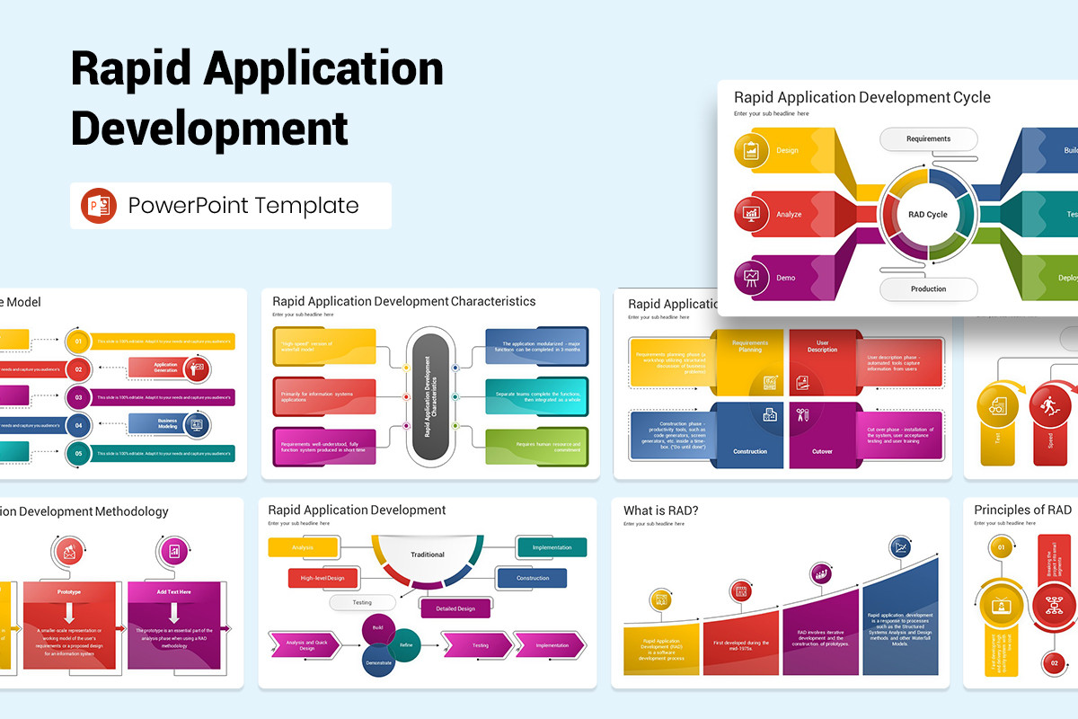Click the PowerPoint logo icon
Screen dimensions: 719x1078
99,206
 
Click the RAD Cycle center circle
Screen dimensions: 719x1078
928,215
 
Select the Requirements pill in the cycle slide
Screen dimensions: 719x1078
928,139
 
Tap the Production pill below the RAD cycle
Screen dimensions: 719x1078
928,288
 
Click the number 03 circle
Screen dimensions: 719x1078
79,397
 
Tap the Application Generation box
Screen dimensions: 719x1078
165,368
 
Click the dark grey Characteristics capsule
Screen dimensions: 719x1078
430,396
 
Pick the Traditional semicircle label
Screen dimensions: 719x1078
428,555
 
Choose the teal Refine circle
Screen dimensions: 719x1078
405,644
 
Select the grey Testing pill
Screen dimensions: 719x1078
362,603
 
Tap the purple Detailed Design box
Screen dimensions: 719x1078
455,608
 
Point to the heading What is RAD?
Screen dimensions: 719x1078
660,510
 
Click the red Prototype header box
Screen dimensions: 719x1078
69,592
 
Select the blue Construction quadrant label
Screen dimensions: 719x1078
750,451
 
